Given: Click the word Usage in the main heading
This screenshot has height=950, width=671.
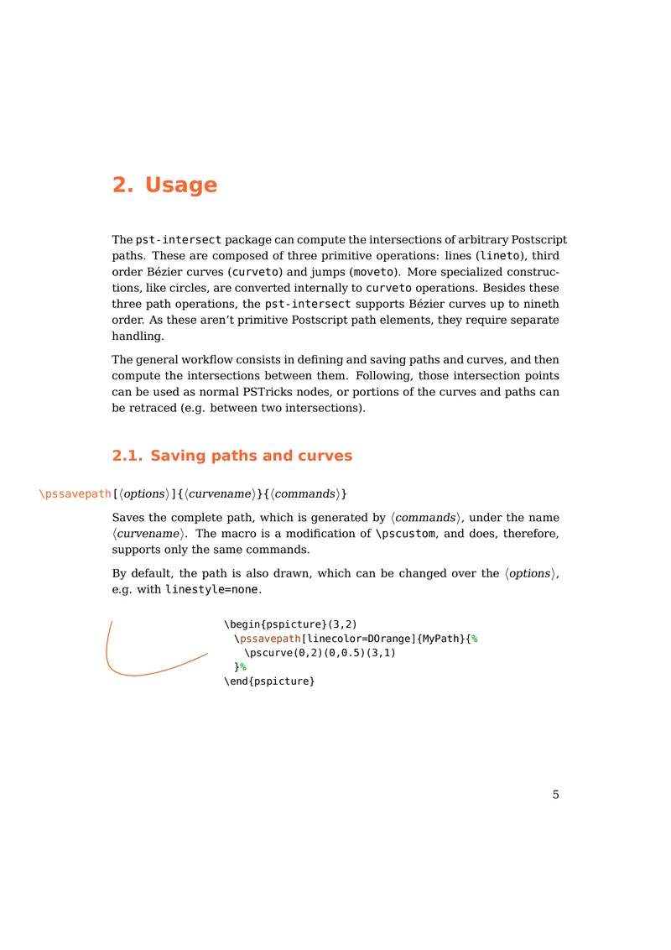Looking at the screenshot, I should (181, 185).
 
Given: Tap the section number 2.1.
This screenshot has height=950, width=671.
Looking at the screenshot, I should (127, 457).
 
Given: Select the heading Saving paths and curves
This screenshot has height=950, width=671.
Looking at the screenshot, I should (251, 457).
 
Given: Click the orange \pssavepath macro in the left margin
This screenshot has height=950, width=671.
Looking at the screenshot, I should (75, 493).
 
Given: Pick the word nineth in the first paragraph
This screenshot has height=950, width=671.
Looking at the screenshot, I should (539, 304).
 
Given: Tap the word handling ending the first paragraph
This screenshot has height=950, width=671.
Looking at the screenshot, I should (138, 336).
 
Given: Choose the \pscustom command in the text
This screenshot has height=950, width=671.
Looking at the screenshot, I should (404, 534).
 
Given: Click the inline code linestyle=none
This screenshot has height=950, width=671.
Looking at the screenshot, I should (213, 589).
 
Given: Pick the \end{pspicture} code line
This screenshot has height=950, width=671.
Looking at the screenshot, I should (269, 681).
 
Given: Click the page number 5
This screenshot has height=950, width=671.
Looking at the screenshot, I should (555, 796).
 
